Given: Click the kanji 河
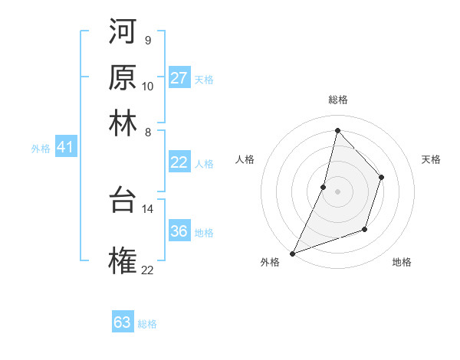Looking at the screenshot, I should coord(123,33).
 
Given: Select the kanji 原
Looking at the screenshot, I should coord(123,77).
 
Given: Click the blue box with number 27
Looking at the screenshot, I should coord(179,78).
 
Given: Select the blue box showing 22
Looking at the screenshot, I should coord(179,162).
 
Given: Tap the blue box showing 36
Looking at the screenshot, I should coord(179,231).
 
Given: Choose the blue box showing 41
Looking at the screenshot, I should coord(65,148).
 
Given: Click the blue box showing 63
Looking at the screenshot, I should coord(123,322).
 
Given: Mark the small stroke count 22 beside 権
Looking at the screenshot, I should coord(147,270).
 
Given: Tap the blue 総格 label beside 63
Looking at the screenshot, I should coord(147,324).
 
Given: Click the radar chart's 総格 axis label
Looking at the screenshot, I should coord(337,100).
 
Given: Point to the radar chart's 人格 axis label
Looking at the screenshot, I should coord(245,159).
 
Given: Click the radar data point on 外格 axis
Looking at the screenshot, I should coord(292,254).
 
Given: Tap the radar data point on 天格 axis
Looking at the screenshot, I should coord(381,177).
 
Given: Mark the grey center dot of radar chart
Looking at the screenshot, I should coord(337,191).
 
